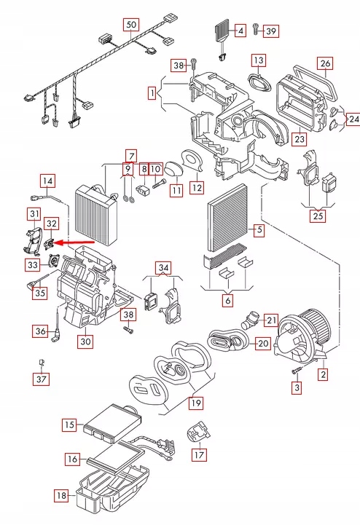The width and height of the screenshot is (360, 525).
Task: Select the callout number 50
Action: pos(130,25)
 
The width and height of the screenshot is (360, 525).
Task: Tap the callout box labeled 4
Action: pos(240,31)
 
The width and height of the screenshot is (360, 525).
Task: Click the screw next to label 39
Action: pos(256,29)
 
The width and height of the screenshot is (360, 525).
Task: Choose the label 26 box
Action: pos(326,63)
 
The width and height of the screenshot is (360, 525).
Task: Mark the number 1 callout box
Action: pos(152,93)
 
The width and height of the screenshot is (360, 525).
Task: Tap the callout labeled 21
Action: pos(271,320)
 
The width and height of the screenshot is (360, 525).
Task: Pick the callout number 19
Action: pos(195,403)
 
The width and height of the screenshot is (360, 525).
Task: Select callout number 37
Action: pos(42,379)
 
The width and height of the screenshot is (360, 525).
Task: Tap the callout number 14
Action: pos(47,181)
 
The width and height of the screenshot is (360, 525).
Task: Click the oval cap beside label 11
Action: pos(173,170)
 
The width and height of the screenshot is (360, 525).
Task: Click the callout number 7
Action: pos(130,154)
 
